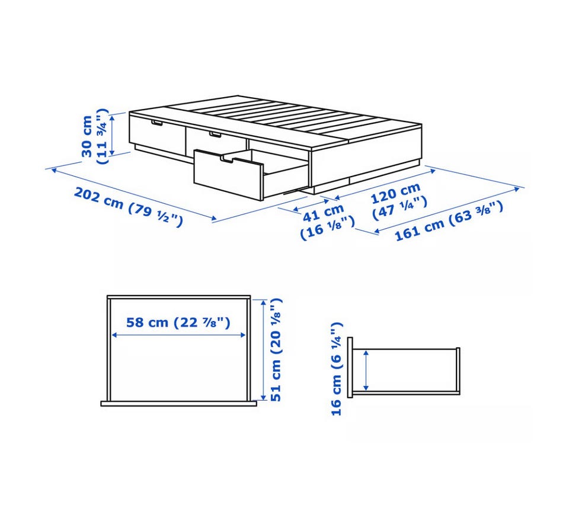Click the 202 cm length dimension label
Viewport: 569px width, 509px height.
pyautogui.click(x=128, y=207)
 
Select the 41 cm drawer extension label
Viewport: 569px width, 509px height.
pyautogui.click(x=327, y=222)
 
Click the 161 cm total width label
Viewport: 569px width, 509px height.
pyautogui.click(x=449, y=222)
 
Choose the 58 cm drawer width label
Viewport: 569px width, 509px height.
pyautogui.click(x=178, y=322)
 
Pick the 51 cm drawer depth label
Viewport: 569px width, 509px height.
pyautogui.click(x=276, y=350)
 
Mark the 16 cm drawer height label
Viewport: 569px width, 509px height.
pyautogui.click(x=337, y=369)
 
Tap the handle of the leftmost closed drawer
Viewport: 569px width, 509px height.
pyautogui.click(x=158, y=124)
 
